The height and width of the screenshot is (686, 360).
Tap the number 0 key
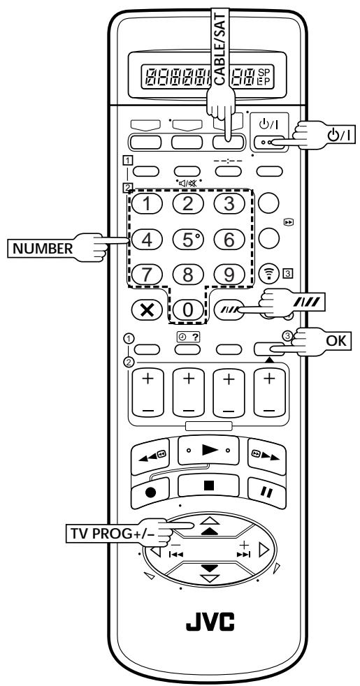tap(187, 309)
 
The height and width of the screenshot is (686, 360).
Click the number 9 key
tap(229, 275)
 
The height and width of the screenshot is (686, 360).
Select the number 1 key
tap(147, 204)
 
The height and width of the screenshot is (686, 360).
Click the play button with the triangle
tap(208, 451)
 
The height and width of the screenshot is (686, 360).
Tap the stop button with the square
tap(208, 486)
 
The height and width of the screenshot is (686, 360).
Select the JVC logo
tap(210, 621)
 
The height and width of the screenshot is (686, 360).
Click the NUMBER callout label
tap(43, 249)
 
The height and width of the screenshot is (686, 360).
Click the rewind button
tap(150, 456)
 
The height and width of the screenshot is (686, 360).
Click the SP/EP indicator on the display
tap(264, 77)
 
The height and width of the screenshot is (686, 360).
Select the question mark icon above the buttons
tap(195, 337)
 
